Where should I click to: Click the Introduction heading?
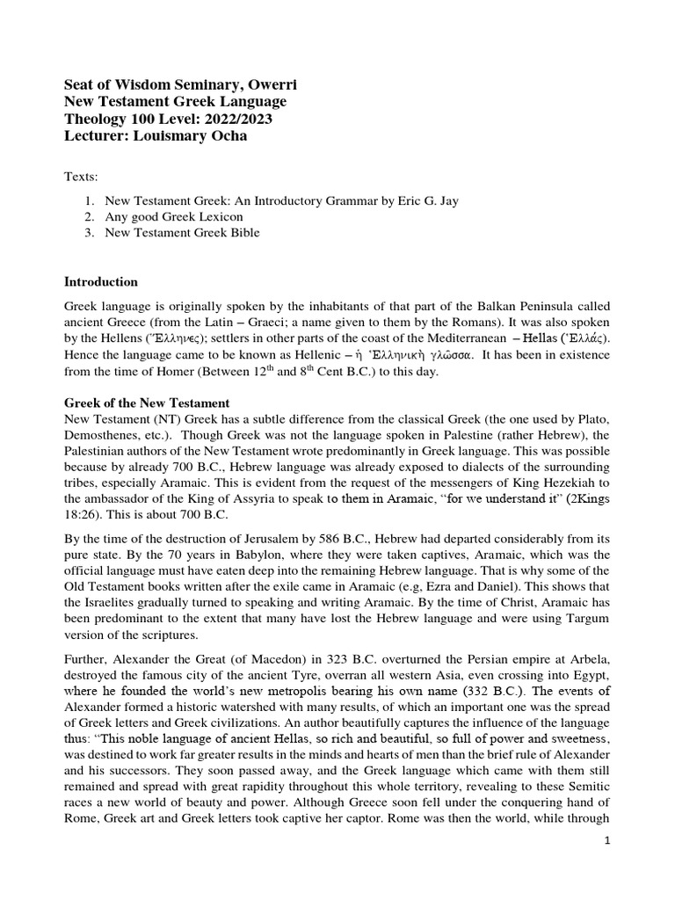pyautogui.click(x=101, y=282)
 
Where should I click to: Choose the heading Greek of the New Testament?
pyautogui.click(x=147, y=403)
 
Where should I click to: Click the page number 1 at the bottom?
pyautogui.click(x=607, y=839)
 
